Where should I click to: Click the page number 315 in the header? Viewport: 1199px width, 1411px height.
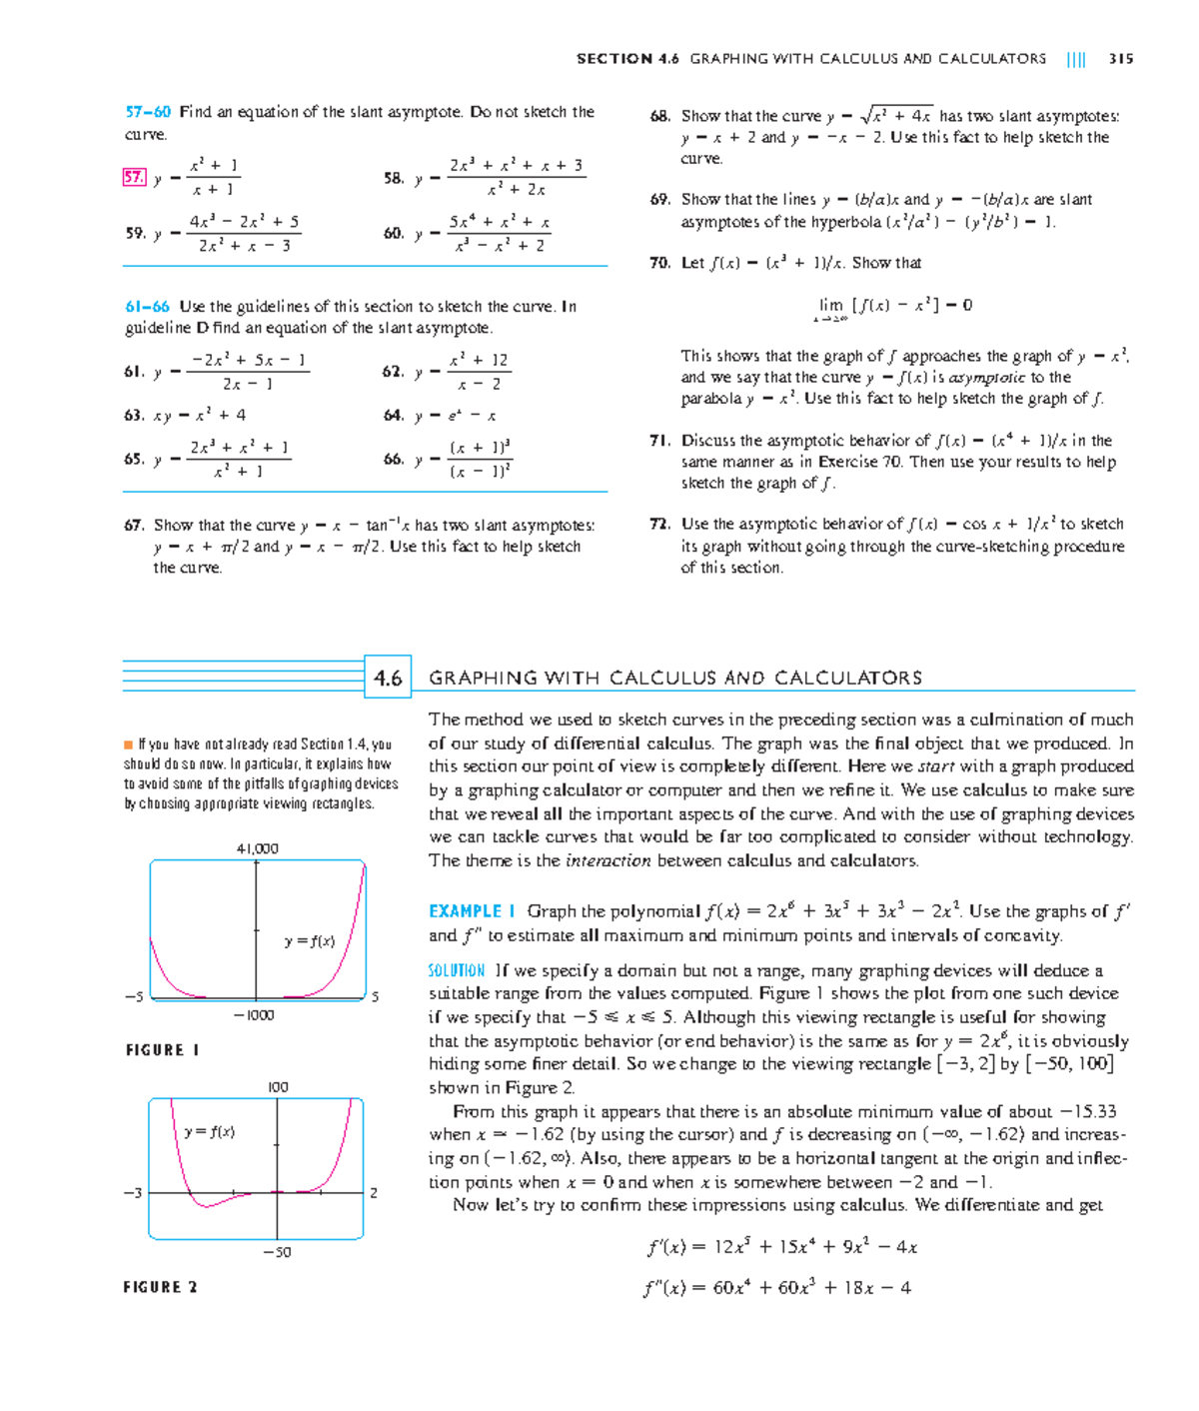1120,59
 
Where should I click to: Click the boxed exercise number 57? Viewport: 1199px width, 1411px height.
134,178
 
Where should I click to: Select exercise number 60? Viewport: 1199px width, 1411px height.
393,234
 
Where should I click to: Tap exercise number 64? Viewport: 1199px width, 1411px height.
393,416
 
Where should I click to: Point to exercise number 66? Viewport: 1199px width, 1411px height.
393,460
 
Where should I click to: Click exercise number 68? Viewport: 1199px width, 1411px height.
659,116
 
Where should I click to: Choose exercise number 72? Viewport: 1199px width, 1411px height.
659,525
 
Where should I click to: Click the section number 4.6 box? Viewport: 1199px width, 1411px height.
388,679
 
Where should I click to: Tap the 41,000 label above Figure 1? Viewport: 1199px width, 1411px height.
257,848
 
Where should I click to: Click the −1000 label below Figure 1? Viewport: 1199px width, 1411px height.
254,1015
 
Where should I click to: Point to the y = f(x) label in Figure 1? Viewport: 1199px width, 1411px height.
309,941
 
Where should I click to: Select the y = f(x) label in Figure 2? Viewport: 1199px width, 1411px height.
210,1132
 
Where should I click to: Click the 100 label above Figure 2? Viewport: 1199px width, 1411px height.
278,1087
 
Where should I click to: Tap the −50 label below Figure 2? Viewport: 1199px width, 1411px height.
277,1252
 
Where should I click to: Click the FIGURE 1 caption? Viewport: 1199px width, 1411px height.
162,1050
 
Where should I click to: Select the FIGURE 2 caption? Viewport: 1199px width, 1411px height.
160,1287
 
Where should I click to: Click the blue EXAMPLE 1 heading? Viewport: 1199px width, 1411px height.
472,911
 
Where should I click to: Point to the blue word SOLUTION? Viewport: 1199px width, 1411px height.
456,970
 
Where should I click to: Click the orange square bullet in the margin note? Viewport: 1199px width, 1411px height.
128,744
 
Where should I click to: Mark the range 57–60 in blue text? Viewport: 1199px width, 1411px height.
148,112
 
